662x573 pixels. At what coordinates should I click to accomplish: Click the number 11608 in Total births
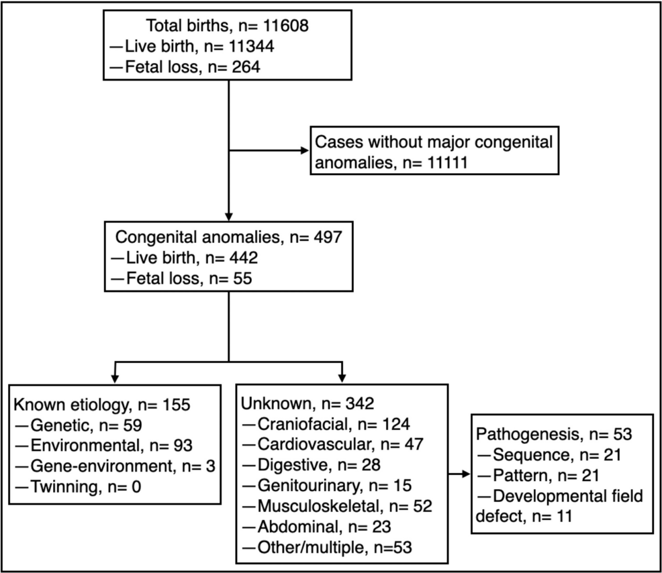pos(286,25)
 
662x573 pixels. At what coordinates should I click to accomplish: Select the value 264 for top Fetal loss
pos(246,66)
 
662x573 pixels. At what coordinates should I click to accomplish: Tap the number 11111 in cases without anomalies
pos(447,162)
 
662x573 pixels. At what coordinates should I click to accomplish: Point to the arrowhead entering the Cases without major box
pos(304,150)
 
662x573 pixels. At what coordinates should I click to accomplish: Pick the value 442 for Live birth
pos(244,258)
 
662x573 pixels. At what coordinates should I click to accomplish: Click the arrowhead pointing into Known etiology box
pos(114,378)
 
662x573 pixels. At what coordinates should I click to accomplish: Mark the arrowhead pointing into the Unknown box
pos(342,378)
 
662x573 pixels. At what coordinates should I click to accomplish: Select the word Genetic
pos(62,425)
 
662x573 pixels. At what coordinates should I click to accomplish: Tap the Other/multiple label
pos(311,548)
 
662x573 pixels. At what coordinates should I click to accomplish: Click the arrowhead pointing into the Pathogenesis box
pos(466,474)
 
